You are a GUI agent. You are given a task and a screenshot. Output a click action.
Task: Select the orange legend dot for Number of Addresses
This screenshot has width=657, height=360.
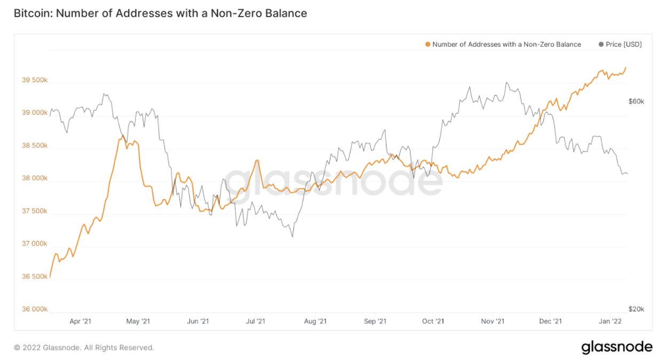click(x=427, y=44)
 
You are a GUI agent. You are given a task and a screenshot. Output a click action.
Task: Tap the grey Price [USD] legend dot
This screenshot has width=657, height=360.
click(x=601, y=44)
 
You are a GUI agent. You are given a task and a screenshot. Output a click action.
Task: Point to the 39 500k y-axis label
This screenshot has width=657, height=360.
click(x=35, y=81)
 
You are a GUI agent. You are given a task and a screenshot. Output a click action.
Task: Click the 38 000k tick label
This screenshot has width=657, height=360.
click(x=35, y=178)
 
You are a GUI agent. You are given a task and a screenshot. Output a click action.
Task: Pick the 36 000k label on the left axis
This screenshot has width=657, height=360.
click(x=35, y=309)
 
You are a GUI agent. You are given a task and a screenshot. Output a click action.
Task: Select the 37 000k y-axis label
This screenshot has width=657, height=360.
click(x=35, y=244)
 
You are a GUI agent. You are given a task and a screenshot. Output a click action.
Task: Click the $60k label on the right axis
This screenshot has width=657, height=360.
click(x=636, y=101)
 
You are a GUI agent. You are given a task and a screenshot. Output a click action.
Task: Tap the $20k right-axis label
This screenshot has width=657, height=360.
click(x=636, y=309)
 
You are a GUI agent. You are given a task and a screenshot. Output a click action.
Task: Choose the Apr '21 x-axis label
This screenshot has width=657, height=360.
click(x=80, y=322)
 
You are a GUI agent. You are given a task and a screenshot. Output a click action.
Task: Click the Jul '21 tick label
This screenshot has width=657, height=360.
click(x=255, y=322)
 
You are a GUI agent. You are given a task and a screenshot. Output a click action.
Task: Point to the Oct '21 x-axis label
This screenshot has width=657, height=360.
click(x=433, y=322)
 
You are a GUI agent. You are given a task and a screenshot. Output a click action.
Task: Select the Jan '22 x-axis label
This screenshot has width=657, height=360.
click(x=609, y=322)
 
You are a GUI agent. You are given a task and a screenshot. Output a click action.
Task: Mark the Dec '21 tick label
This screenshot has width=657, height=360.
click(x=550, y=322)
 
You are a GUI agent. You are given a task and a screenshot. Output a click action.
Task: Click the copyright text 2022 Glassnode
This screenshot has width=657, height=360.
click(x=84, y=348)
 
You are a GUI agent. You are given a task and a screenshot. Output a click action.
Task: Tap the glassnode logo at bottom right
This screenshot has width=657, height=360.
click(x=616, y=347)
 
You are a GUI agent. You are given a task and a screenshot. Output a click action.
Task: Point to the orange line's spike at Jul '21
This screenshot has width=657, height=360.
click(x=258, y=160)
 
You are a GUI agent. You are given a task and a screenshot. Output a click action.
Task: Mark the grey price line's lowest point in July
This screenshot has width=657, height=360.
click(x=292, y=237)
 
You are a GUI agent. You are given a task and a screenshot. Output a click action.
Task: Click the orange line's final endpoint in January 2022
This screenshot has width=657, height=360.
click(x=626, y=67)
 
